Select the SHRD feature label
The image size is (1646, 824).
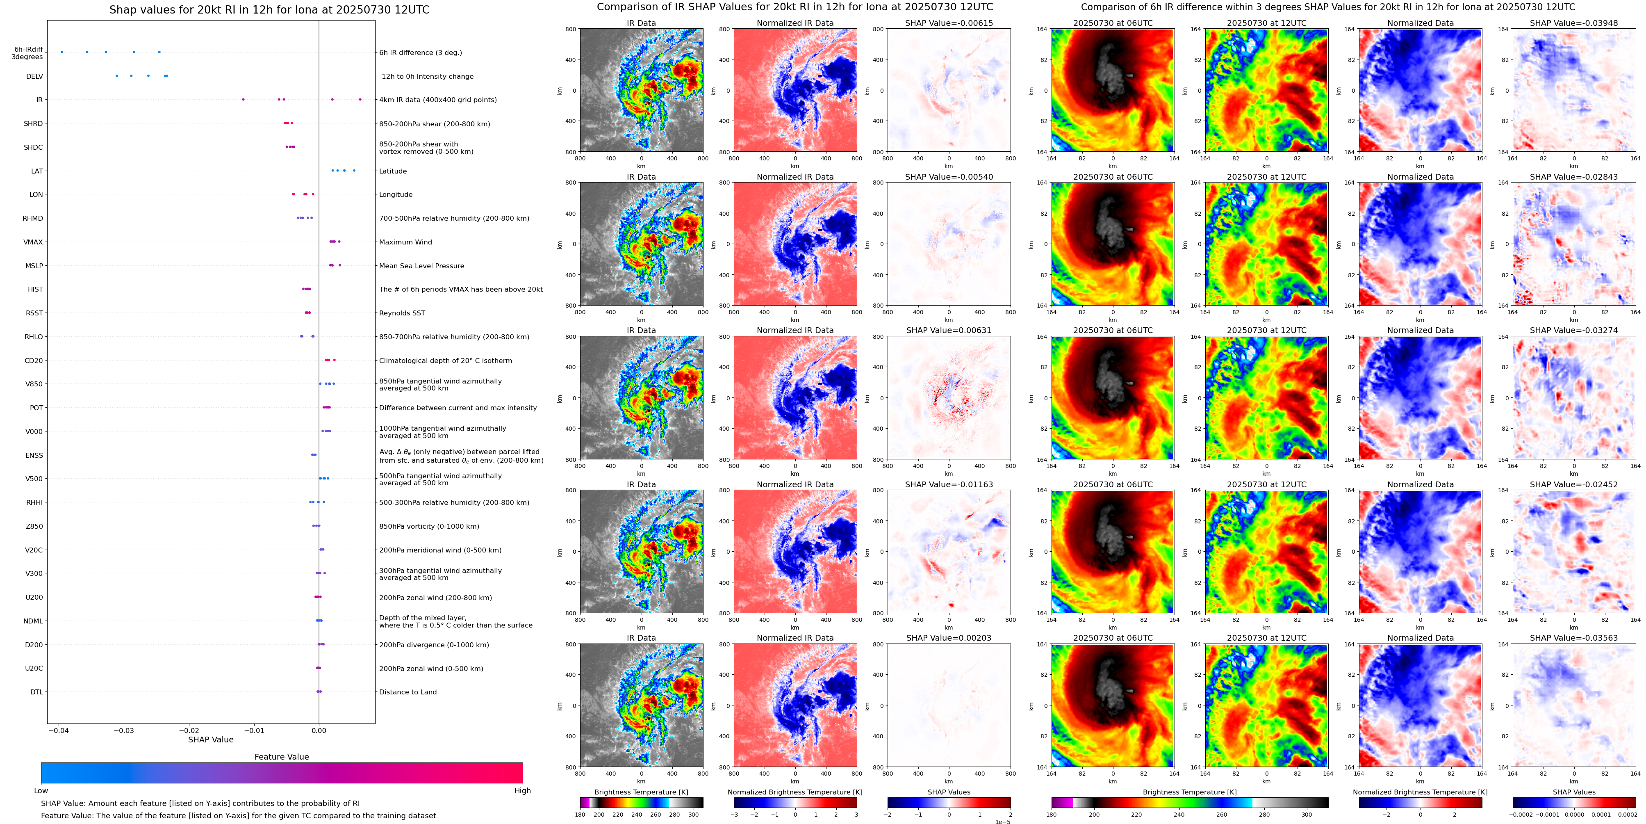tap(33, 124)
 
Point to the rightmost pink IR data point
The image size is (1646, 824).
tap(360, 100)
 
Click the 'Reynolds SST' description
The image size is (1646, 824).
tap(402, 313)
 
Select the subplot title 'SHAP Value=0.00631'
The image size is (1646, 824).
tap(949, 331)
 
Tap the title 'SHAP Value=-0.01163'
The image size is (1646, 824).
tap(949, 484)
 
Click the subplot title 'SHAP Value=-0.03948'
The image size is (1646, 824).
tap(1574, 23)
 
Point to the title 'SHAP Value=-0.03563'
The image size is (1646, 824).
tap(1574, 638)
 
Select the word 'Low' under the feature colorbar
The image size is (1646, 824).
tap(41, 791)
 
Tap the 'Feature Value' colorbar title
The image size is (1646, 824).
tap(282, 757)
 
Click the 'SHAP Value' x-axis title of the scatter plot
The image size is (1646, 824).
tap(211, 740)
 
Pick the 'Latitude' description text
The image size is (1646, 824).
tap(393, 171)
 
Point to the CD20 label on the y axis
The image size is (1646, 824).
tap(34, 361)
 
